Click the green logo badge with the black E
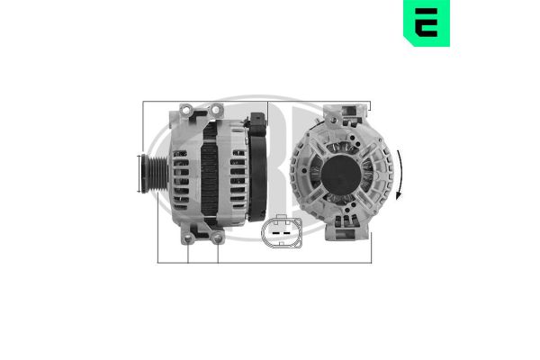click(x=427, y=22)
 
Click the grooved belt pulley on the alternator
click(x=154, y=174)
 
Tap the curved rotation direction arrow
click(x=399, y=175)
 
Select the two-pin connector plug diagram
click(x=282, y=231)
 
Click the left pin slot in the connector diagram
click(x=275, y=233)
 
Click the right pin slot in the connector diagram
click(x=287, y=233)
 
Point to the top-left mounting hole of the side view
click(x=186, y=110)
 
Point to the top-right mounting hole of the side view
click(x=216, y=110)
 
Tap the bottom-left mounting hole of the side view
click(x=188, y=238)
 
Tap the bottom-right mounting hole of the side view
click(x=218, y=238)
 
